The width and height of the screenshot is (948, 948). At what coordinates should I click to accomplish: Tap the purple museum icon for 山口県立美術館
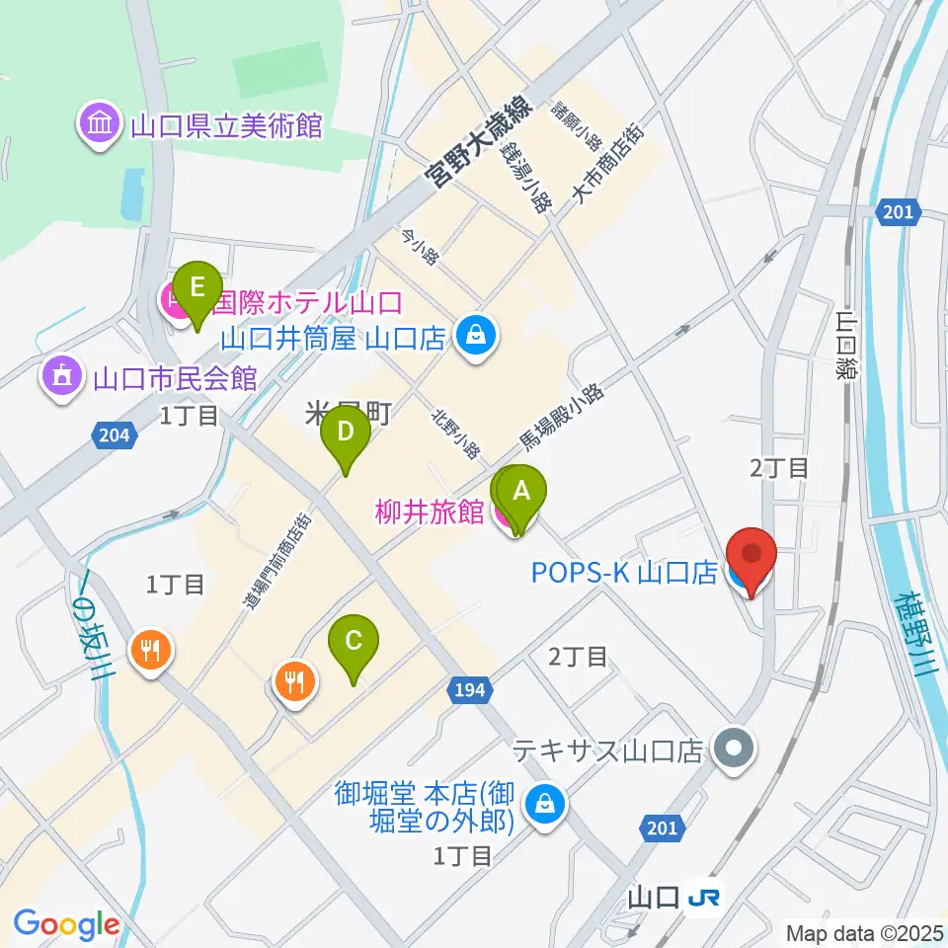point(101,125)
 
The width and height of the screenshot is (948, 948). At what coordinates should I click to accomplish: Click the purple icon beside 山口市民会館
point(61,377)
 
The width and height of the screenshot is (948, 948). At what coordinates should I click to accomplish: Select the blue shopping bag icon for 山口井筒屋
point(477,338)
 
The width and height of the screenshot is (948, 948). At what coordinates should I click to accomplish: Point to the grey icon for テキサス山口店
point(734,750)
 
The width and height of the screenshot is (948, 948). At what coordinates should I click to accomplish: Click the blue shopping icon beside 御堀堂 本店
point(543,804)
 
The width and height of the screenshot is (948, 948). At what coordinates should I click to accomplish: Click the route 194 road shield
point(470,689)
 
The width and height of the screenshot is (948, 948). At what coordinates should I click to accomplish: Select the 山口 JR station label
point(673,897)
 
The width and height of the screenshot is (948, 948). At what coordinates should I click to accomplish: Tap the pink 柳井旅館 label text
point(430,513)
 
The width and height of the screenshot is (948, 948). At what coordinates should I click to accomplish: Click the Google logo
point(66,924)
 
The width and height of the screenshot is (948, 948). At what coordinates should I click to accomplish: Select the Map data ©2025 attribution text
point(863,931)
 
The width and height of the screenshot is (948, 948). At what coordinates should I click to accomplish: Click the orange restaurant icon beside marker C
point(294,680)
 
